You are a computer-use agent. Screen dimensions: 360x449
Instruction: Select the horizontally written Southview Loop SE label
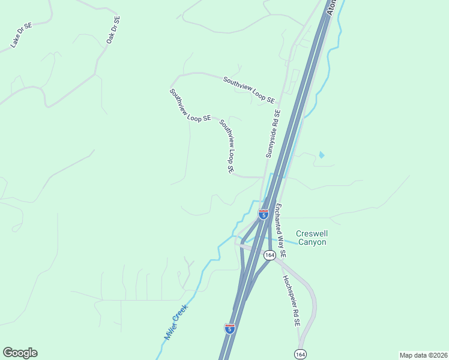click(249, 89)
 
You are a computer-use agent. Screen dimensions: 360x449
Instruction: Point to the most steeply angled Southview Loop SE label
click(226, 146)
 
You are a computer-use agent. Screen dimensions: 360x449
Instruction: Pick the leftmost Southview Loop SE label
click(190, 106)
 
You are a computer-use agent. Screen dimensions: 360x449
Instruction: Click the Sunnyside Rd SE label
click(273, 133)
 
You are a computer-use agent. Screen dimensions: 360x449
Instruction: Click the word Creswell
click(312, 233)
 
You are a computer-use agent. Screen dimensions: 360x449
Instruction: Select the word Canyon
click(312, 242)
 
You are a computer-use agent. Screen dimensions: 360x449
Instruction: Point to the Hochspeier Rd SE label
click(291, 300)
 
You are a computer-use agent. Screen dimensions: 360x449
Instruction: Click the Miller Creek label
click(176, 322)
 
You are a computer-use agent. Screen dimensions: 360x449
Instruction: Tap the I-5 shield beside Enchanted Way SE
click(263, 214)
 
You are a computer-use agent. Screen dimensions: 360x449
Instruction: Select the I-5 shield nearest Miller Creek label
click(229, 328)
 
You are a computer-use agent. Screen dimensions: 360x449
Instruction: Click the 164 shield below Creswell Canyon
click(269, 255)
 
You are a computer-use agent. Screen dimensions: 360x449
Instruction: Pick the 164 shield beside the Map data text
click(300, 354)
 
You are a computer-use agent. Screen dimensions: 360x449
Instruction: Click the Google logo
click(20, 353)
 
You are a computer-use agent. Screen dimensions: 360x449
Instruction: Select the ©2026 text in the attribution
click(437, 354)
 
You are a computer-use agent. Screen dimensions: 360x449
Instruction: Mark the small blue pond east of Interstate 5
click(321, 155)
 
